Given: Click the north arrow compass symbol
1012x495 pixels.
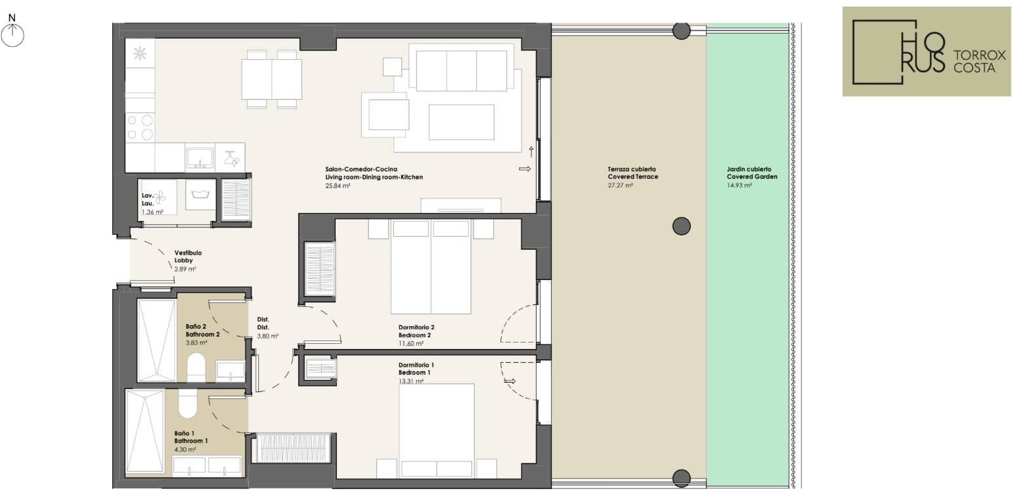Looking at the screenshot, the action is (x=12, y=31).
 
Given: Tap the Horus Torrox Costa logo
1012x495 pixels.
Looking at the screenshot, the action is (x=926, y=51).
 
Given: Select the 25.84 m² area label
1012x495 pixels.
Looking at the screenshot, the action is (x=338, y=186).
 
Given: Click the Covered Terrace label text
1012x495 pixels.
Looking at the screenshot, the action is (x=632, y=177).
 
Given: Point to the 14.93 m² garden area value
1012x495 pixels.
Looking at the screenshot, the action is (x=739, y=185).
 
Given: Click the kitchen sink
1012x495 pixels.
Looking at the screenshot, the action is (x=200, y=158).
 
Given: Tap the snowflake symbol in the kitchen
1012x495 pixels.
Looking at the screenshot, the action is (x=140, y=54).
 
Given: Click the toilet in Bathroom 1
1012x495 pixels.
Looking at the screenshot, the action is (x=188, y=403).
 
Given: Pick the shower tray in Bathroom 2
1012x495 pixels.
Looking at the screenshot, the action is (x=156, y=341).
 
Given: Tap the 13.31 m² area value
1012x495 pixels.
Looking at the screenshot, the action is (x=410, y=381).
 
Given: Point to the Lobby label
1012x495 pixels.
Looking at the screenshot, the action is (x=183, y=260).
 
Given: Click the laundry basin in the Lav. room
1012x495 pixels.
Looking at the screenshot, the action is (x=200, y=195).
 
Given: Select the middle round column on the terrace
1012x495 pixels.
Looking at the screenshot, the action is (x=681, y=226).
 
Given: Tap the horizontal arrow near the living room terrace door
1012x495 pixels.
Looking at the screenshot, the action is (x=525, y=169).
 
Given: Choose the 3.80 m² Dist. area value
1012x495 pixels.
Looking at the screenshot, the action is (x=267, y=337).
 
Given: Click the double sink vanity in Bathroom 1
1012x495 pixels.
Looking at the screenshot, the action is (x=207, y=467).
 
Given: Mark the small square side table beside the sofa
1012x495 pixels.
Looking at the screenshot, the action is (x=392, y=67).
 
